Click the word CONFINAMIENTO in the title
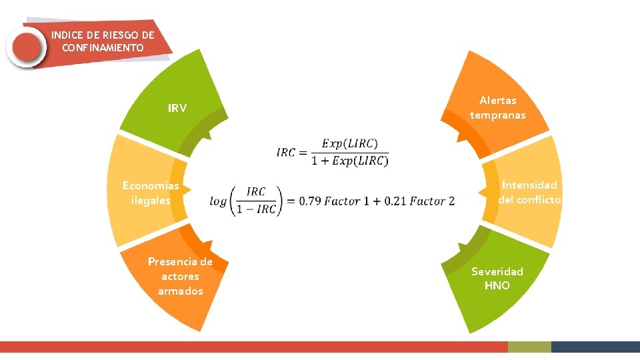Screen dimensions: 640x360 pos(102,48)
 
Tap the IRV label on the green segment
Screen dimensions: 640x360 pos(177,108)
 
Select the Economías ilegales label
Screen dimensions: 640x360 pos(151,193)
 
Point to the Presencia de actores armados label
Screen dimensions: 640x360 pos(180,276)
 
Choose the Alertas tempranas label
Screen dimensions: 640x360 pos(497,107)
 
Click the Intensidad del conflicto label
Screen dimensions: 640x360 pos(529,192)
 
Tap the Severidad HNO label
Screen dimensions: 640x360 pos(497,278)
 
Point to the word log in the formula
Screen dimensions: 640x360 pos(218,201)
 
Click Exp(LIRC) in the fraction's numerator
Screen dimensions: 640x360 pos(349,143)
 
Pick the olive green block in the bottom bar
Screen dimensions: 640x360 pos(529,347)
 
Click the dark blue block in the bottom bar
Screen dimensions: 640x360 pos(595,347)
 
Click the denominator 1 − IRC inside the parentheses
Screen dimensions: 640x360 pos(256,209)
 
